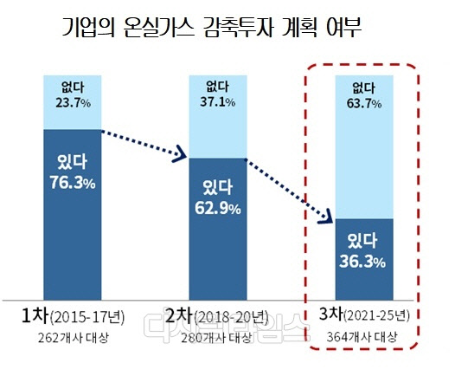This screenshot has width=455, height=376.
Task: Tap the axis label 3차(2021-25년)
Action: point(363,314)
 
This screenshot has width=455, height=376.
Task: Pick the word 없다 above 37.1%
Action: point(218,86)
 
